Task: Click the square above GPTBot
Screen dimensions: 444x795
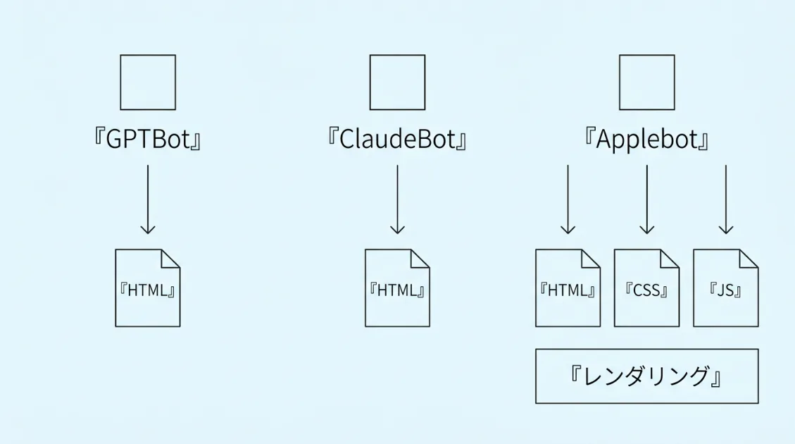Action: coord(148,82)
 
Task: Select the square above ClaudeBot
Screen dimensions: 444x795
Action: coord(397,82)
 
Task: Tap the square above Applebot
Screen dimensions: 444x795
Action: coord(646,82)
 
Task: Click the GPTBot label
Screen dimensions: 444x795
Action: coord(148,139)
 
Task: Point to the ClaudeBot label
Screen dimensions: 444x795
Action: coord(397,139)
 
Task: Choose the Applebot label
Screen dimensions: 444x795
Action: coord(646,139)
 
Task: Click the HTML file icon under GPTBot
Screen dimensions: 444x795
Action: coord(148,288)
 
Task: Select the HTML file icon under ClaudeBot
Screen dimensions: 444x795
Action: coord(397,288)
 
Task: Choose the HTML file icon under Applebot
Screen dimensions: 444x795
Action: coord(568,288)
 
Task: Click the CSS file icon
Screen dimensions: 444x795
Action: coord(646,288)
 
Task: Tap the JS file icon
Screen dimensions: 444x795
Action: coord(725,288)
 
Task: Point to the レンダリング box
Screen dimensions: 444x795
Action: coord(646,376)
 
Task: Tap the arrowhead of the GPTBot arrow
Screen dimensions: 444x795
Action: coord(148,229)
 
